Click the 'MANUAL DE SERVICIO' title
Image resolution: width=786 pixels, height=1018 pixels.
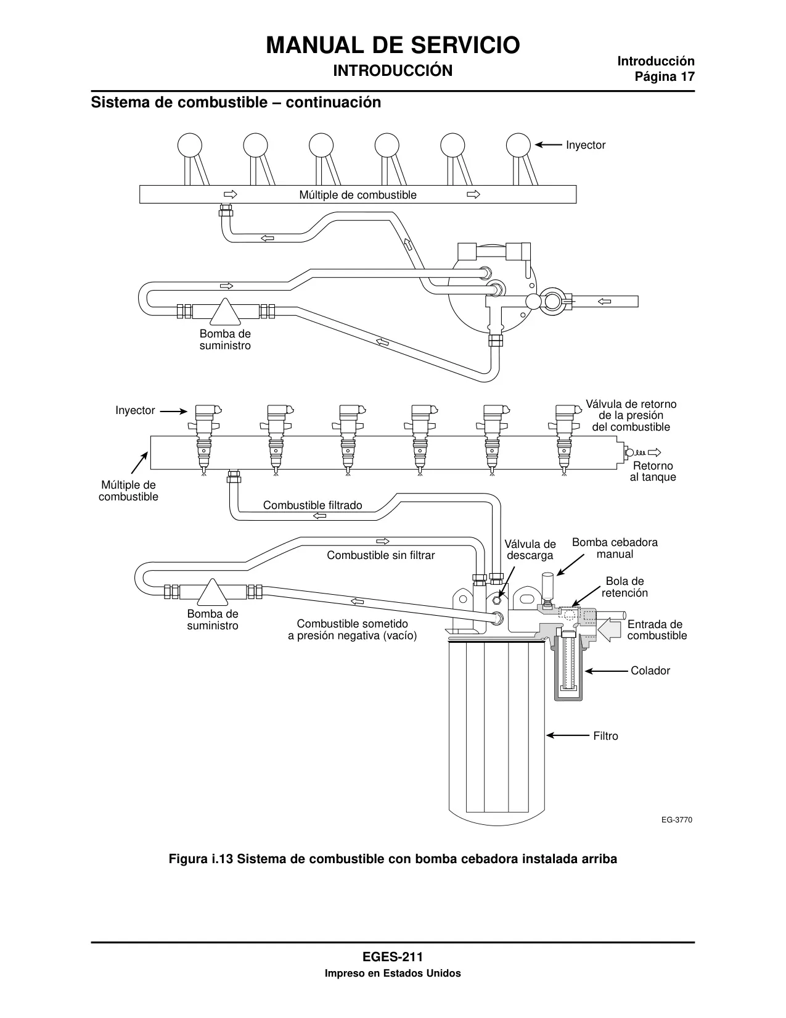tap(393, 46)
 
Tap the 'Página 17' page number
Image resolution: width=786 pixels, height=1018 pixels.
tap(665, 77)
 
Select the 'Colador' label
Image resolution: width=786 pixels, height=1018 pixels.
tap(650, 671)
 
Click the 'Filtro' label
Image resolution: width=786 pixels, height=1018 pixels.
tap(605, 736)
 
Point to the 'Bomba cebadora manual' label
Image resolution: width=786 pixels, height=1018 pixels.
tap(615, 548)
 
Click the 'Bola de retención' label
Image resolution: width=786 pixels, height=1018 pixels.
tap(624, 587)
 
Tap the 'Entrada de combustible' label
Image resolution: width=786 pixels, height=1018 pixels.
tap(657, 630)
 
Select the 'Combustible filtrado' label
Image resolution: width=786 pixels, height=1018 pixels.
tap(313, 505)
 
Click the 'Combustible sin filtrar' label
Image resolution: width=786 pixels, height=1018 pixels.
tap(380, 555)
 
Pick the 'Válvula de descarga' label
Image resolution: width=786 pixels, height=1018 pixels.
tap(530, 550)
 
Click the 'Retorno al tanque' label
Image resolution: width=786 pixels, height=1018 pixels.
tap(653, 471)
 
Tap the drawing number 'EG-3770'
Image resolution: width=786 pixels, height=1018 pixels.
tap(676, 820)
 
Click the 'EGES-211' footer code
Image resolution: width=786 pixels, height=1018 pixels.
tap(393, 957)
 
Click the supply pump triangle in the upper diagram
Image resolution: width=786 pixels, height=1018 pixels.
tap(225, 312)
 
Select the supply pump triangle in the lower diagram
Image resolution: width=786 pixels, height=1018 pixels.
tap(213, 592)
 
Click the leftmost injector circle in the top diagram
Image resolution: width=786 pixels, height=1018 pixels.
tap(190, 145)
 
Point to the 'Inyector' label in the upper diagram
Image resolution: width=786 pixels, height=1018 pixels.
tap(586, 145)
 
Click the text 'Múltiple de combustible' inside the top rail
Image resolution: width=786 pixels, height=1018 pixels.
tap(358, 195)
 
